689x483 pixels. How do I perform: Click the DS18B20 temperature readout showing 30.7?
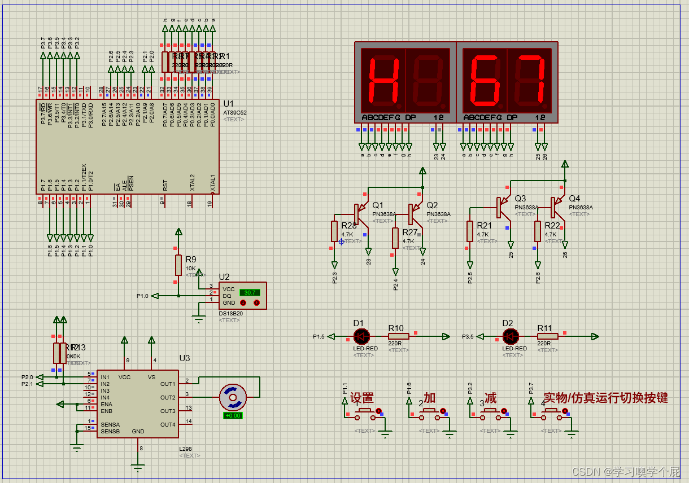pos(249,292)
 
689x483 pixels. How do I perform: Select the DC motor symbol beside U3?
pos(232,397)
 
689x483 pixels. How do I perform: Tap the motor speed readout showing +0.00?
pos(233,415)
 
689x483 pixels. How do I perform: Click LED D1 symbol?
pos(361,337)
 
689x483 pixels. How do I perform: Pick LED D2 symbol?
pos(511,337)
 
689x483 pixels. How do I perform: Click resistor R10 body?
pos(399,337)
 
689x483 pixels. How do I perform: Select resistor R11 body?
pos(547,337)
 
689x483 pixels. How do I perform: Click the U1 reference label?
pos(228,104)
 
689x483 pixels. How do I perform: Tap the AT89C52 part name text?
pos(234,112)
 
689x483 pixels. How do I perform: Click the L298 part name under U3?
pos(186,449)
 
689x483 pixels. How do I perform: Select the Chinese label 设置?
pos(362,398)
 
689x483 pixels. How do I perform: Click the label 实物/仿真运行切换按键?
pos(605,398)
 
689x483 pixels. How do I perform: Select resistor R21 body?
pos(469,231)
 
